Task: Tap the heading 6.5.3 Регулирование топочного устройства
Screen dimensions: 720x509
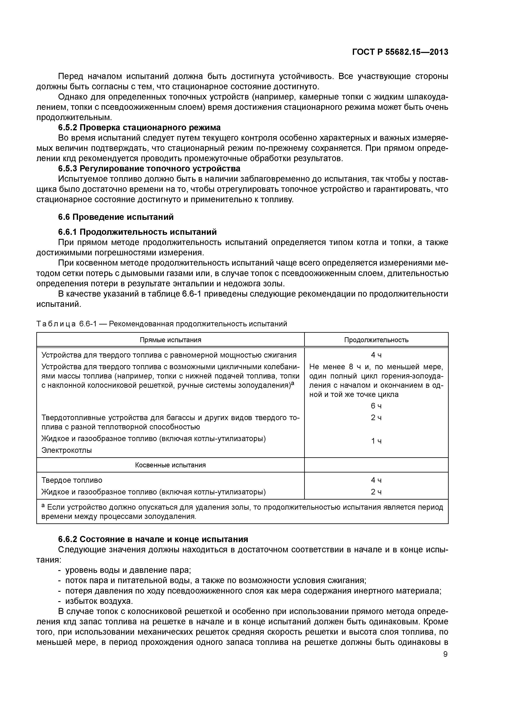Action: pos(149,169)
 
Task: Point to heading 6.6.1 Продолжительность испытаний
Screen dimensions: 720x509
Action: pos(137,232)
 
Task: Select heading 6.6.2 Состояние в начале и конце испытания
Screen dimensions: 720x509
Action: pos(153,539)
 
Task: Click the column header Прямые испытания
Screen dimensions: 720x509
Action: pos(170,340)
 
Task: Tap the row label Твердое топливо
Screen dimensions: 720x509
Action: pos(72,480)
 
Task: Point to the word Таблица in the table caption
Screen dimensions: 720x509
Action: pos(56,324)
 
